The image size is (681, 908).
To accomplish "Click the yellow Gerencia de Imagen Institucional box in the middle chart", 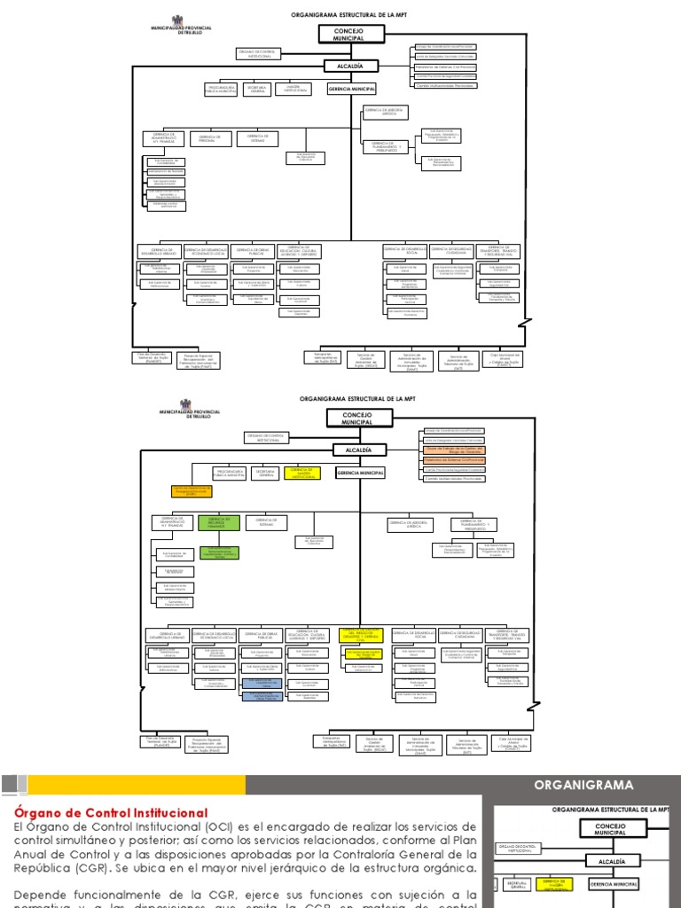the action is point(301,474).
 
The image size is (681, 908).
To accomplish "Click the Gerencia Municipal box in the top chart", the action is point(352,90).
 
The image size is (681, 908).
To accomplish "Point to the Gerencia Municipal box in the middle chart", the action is point(359,474).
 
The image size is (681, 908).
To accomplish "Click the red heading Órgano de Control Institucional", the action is point(111,812).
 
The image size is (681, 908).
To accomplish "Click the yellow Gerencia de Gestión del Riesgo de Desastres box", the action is point(362,635).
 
